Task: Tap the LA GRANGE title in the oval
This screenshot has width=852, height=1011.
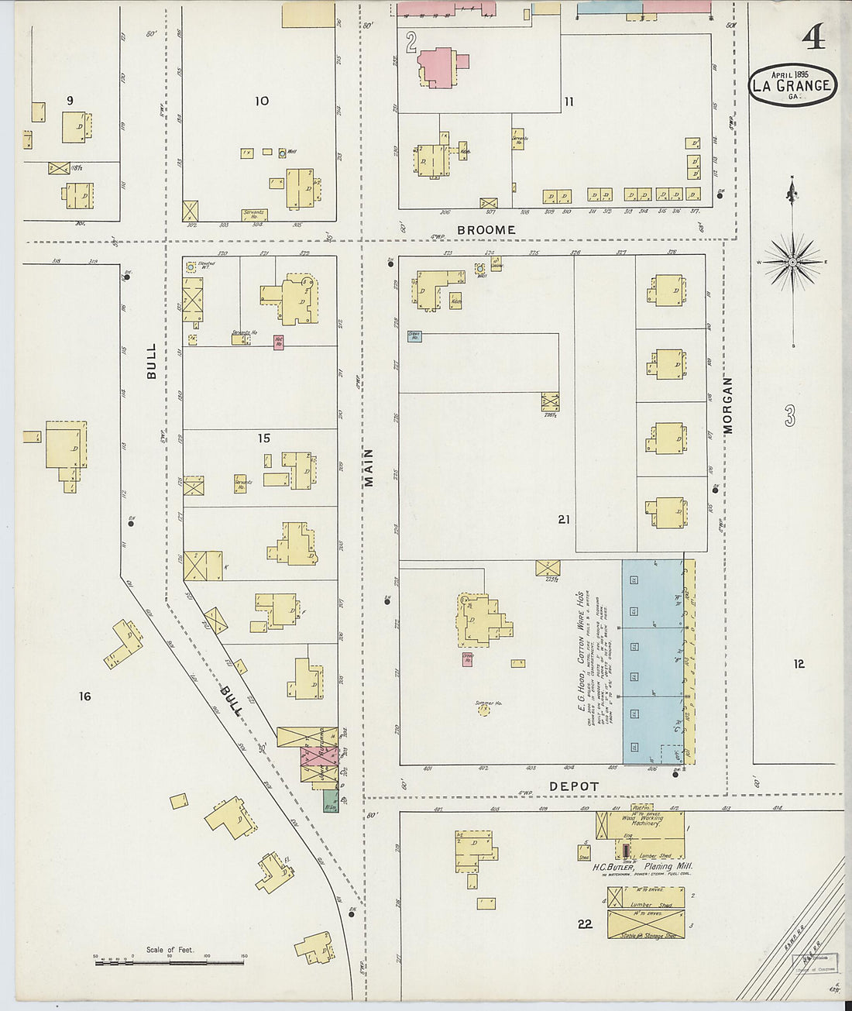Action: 792,86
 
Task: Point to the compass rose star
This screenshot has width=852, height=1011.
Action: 792,263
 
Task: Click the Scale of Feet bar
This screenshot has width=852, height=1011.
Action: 169,962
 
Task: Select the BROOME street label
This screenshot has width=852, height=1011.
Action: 486,230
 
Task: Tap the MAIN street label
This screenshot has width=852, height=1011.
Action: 369,467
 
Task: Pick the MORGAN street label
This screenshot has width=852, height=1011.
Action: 727,405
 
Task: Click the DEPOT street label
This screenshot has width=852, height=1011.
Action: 574,786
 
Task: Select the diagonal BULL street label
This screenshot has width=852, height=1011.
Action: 231,700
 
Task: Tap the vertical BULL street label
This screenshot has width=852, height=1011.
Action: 152,361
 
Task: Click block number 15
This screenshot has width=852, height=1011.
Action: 263,438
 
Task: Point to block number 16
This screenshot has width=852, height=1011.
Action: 84,696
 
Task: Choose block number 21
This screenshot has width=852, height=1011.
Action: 563,519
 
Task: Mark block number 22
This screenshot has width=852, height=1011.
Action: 585,923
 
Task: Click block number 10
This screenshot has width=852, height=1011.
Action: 262,101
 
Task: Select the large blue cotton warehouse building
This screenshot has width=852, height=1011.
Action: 653,662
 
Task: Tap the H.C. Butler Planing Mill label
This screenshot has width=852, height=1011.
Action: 642,867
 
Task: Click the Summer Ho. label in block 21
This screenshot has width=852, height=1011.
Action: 488,703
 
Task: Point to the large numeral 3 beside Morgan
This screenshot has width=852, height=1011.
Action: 789,417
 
